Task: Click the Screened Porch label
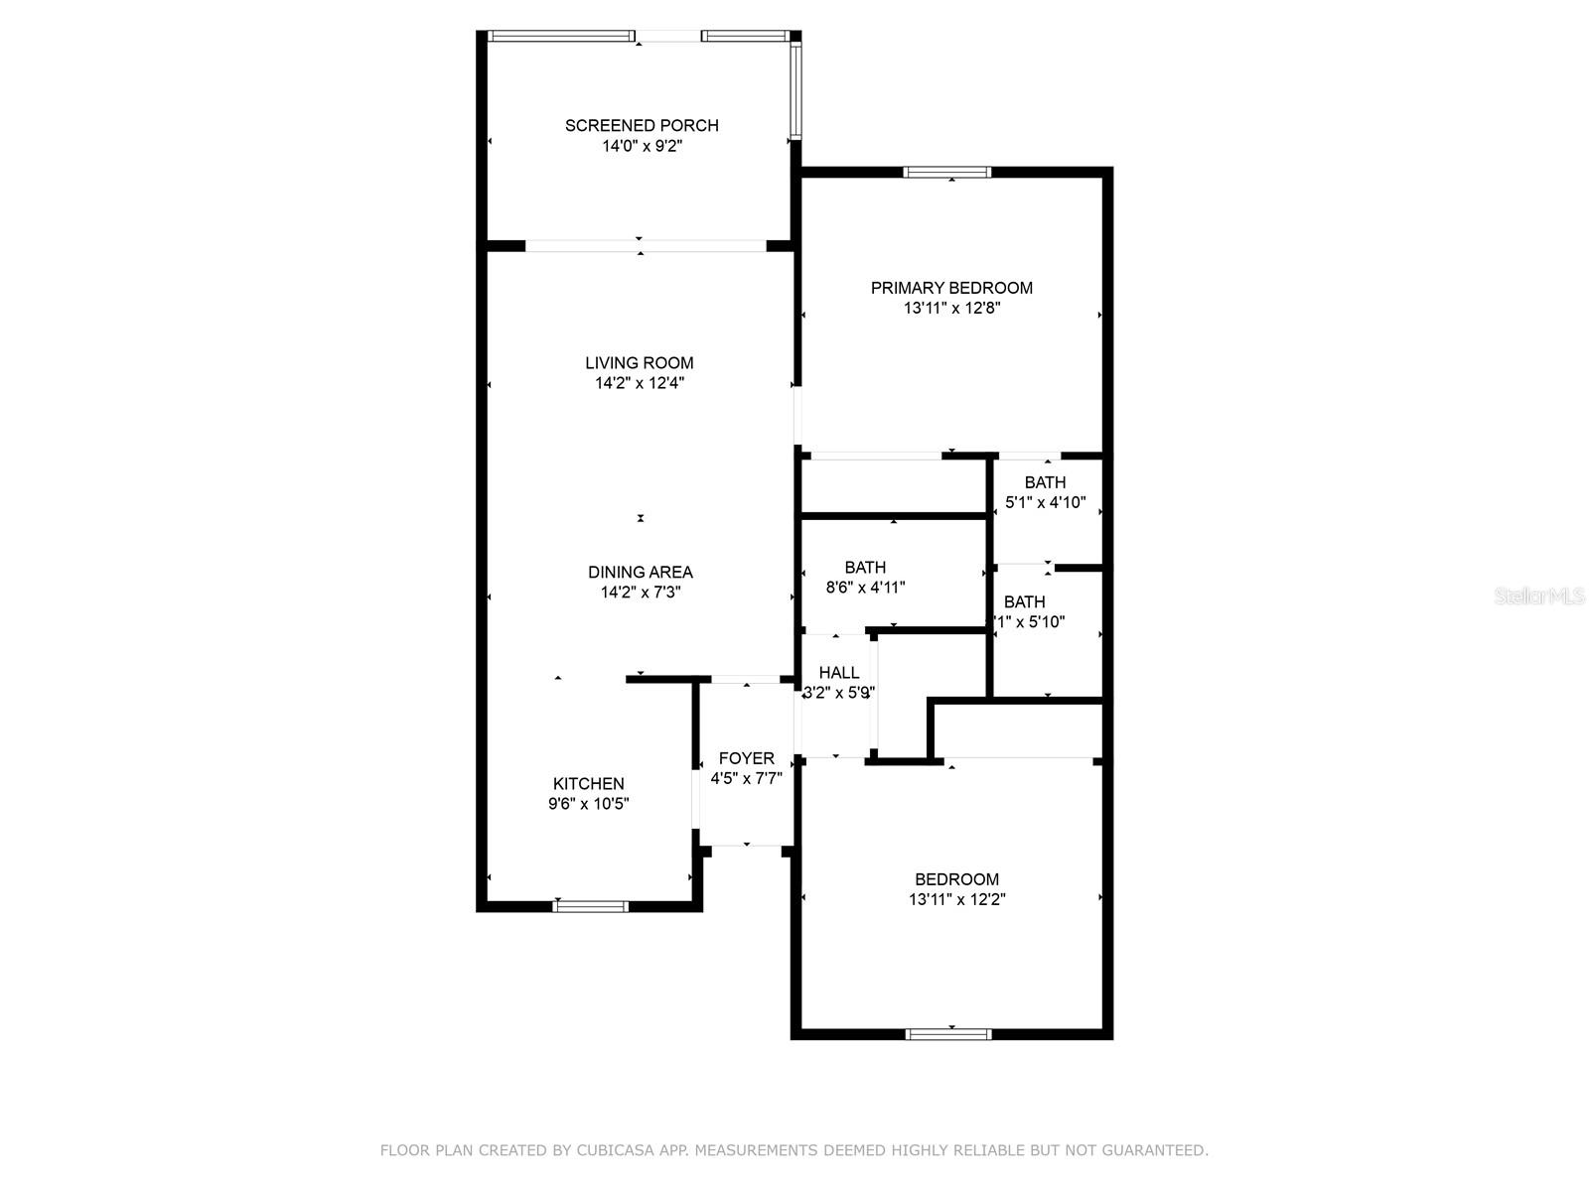tap(642, 125)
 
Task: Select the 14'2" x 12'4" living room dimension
tap(640, 383)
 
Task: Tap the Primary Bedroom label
tap(951, 288)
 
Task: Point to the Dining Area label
tap(640, 572)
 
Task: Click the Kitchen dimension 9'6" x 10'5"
tap(589, 804)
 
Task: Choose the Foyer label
tap(746, 758)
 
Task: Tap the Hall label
tap(839, 673)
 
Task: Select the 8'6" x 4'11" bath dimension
tap(865, 588)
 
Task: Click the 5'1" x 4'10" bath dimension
tap(1045, 503)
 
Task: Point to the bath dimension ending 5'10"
tap(1030, 622)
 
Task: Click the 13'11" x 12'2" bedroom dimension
tap(956, 900)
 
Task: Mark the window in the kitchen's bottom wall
tap(591, 905)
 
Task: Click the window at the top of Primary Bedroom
tap(947, 173)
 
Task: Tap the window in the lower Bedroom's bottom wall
tap(948, 1034)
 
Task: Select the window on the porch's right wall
tap(795, 89)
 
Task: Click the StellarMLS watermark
tap(1539, 596)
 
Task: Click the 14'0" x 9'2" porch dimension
tap(642, 146)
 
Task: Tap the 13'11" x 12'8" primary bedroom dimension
tap(951, 309)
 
